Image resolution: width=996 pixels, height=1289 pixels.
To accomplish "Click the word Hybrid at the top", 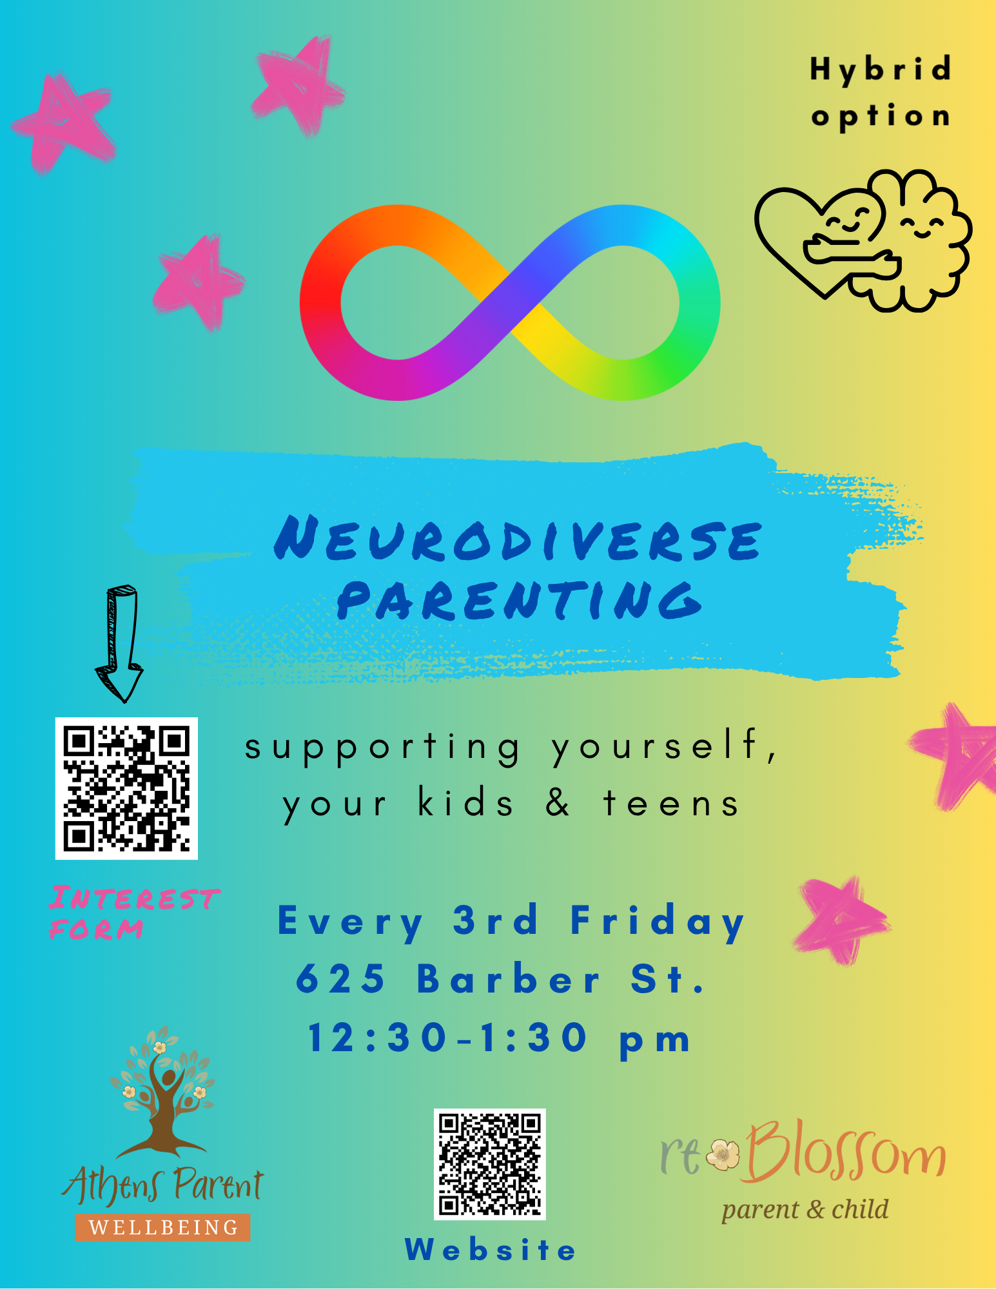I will click(x=881, y=70).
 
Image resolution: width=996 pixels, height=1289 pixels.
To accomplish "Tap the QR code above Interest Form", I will click(x=126, y=788).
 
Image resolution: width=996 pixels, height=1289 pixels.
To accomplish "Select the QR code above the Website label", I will click(x=490, y=1164).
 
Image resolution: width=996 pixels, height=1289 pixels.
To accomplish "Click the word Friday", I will click(x=658, y=920).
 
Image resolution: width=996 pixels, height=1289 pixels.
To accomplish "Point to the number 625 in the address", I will click(x=340, y=979).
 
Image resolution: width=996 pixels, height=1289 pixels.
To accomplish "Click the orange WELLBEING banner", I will click(x=162, y=1227).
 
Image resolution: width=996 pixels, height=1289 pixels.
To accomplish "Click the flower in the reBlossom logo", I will click(x=723, y=1154).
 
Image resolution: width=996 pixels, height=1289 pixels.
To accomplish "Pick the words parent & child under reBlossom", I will click(x=805, y=1210).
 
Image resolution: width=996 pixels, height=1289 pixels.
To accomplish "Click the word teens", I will click(x=671, y=804).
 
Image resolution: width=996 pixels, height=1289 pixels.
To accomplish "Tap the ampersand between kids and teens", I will click(x=558, y=803).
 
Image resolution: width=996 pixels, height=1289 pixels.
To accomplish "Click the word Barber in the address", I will click(x=509, y=979).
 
